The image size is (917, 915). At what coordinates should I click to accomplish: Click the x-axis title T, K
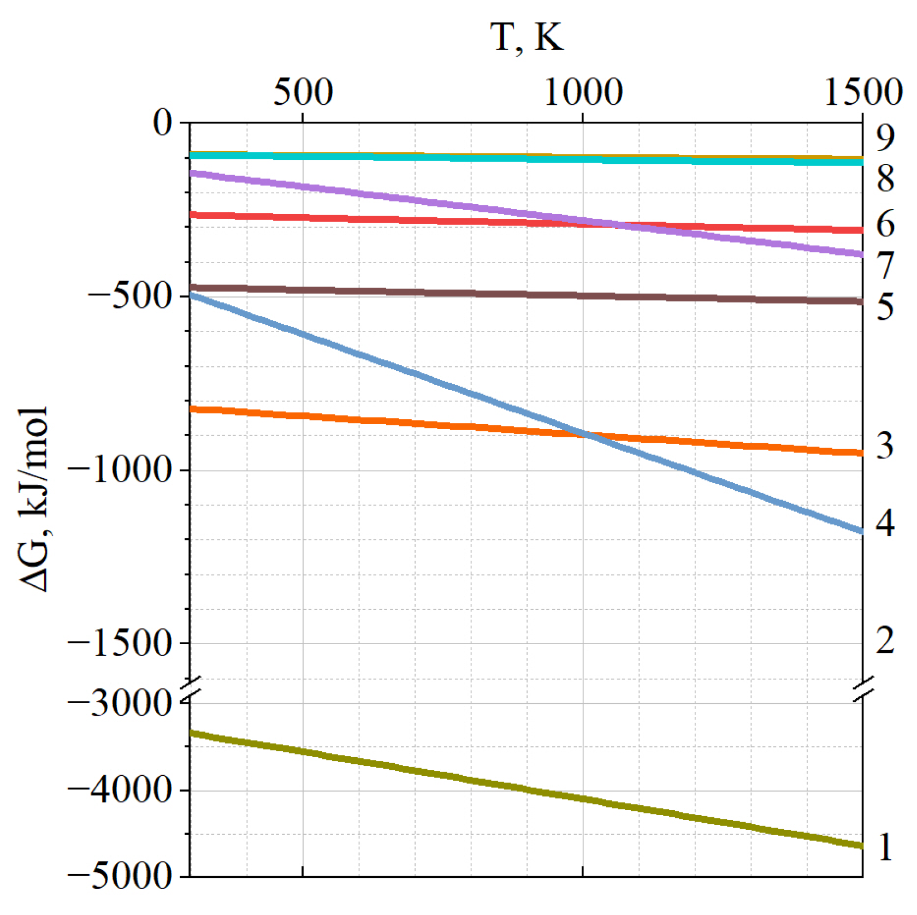click(526, 38)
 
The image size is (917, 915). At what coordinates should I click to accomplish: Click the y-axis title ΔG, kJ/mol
click(34, 499)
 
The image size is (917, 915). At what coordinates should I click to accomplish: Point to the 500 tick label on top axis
click(303, 92)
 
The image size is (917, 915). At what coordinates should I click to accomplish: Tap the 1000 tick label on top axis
click(583, 92)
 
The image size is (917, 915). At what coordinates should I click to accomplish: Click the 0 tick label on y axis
click(163, 122)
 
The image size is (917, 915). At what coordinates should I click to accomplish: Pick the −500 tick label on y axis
click(130, 296)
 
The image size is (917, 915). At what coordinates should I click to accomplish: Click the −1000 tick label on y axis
click(120, 470)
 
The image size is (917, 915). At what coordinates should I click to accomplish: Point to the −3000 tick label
click(120, 703)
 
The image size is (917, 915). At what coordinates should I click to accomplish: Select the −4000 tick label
click(120, 789)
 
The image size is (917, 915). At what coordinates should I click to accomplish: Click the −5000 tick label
click(120, 876)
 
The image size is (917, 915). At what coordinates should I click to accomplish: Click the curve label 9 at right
click(885, 138)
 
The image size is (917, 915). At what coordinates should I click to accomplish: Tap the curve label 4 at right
click(885, 522)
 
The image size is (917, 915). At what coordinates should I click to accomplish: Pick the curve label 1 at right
click(885, 847)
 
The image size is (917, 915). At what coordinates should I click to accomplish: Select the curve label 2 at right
click(885, 640)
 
